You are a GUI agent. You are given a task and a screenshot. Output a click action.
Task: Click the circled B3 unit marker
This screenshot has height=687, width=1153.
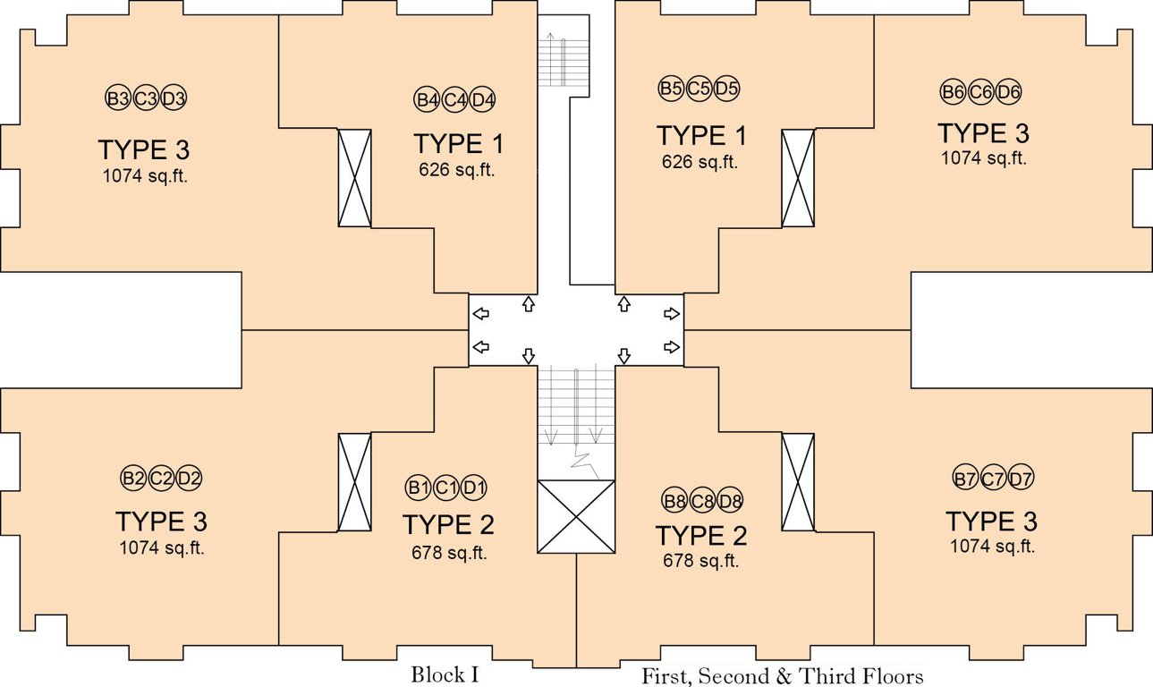(x=118, y=98)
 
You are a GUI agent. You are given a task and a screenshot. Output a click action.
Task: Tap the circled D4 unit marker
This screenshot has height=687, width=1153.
(x=483, y=100)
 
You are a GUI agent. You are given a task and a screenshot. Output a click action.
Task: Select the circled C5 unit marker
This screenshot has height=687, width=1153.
(x=699, y=88)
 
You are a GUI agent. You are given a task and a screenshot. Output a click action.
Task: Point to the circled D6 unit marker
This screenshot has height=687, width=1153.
(x=1008, y=92)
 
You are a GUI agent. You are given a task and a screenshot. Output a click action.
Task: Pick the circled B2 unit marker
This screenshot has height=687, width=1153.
(x=133, y=478)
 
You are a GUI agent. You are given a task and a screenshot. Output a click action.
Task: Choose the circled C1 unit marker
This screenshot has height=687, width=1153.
(x=446, y=488)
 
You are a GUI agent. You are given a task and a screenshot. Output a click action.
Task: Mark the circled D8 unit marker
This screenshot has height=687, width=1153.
(x=730, y=500)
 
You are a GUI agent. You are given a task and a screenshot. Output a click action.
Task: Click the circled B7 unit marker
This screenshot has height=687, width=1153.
(x=965, y=479)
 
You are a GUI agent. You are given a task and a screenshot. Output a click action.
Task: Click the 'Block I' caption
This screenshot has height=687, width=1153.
(x=445, y=674)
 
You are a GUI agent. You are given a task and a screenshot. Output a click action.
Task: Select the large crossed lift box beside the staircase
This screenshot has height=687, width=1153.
(x=576, y=517)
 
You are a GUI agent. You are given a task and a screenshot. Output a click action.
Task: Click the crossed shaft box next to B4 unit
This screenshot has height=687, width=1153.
(x=354, y=178)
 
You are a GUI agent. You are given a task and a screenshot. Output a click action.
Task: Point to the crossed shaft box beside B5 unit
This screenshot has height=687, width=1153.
(x=798, y=178)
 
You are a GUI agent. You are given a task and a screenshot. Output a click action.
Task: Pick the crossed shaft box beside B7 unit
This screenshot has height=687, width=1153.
(x=798, y=481)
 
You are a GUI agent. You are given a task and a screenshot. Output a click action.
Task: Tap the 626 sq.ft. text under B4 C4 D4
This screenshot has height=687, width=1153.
(x=456, y=169)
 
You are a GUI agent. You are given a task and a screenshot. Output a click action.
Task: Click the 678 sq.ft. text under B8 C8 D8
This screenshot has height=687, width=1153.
(x=700, y=560)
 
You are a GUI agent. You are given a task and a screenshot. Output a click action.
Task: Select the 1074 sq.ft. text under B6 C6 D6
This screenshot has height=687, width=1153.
(x=984, y=157)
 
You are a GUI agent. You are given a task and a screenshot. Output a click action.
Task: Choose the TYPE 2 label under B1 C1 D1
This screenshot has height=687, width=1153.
(x=448, y=524)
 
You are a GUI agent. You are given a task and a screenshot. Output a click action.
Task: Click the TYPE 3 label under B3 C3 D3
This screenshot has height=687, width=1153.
(x=144, y=149)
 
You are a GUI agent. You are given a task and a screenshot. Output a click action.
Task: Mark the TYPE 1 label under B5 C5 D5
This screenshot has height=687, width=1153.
(x=701, y=135)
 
